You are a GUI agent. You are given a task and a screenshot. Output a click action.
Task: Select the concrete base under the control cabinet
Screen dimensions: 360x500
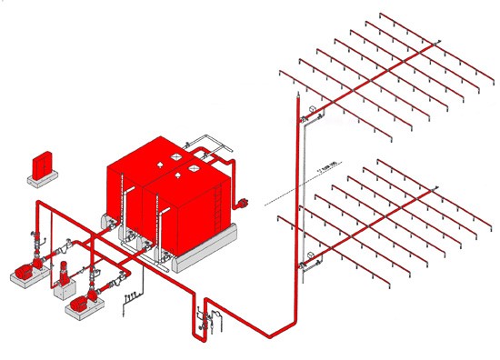tap(42, 177)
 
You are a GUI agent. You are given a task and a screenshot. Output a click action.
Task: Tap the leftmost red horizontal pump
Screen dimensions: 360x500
tap(25, 270)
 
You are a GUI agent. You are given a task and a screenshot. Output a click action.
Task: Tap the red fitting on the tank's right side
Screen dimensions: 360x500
tap(244, 203)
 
